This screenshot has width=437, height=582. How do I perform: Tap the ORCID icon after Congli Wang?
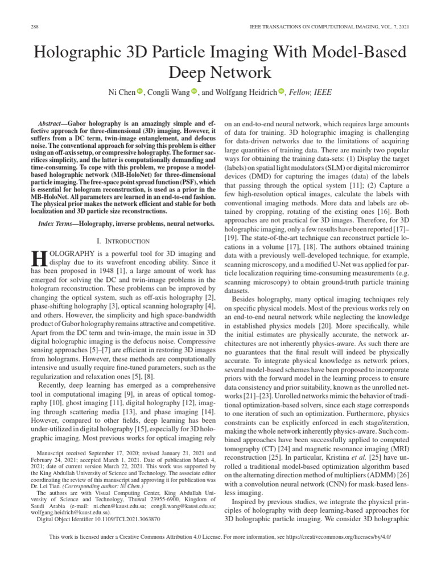coord(194,92)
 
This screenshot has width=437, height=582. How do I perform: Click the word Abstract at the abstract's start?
coord(49,123)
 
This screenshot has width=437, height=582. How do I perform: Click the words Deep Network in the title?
coord(218,73)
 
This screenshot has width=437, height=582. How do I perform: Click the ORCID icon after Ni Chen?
coord(140,92)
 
